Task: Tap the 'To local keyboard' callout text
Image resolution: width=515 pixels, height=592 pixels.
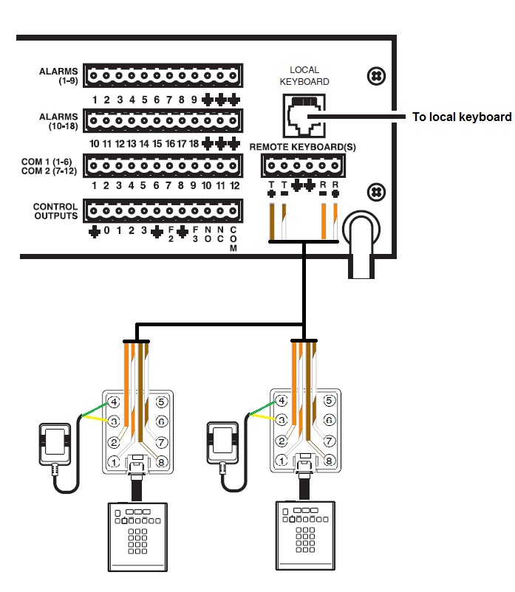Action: coord(462,117)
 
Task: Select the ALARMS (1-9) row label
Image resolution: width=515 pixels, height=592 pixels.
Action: coord(58,77)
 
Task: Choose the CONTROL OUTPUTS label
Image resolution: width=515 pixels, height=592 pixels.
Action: coord(55,211)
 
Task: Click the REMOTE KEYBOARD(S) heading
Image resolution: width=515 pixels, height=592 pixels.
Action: coord(303,147)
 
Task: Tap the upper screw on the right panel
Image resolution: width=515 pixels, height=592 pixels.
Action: coord(376,75)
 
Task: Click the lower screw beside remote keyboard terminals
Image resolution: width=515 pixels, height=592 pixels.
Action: coord(376,191)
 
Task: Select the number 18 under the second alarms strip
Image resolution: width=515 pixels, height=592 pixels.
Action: coord(194,143)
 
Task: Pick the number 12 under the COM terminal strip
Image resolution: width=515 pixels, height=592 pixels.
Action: coord(233,185)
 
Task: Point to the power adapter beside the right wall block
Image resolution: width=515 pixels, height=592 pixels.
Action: coord(224,442)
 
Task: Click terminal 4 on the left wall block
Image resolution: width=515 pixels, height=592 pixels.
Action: coord(115,402)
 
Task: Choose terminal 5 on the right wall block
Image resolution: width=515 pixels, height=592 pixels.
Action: coord(328,402)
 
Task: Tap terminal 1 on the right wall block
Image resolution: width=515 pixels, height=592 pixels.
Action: coord(282,462)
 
